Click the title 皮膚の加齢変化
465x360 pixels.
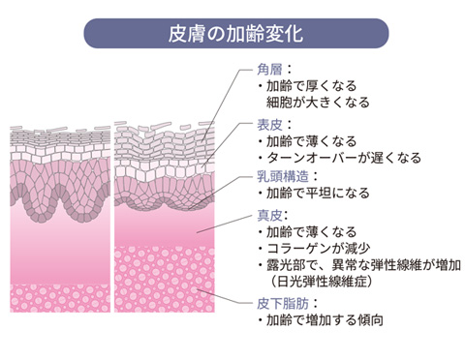[232, 33]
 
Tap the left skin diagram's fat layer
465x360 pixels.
[58, 295]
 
